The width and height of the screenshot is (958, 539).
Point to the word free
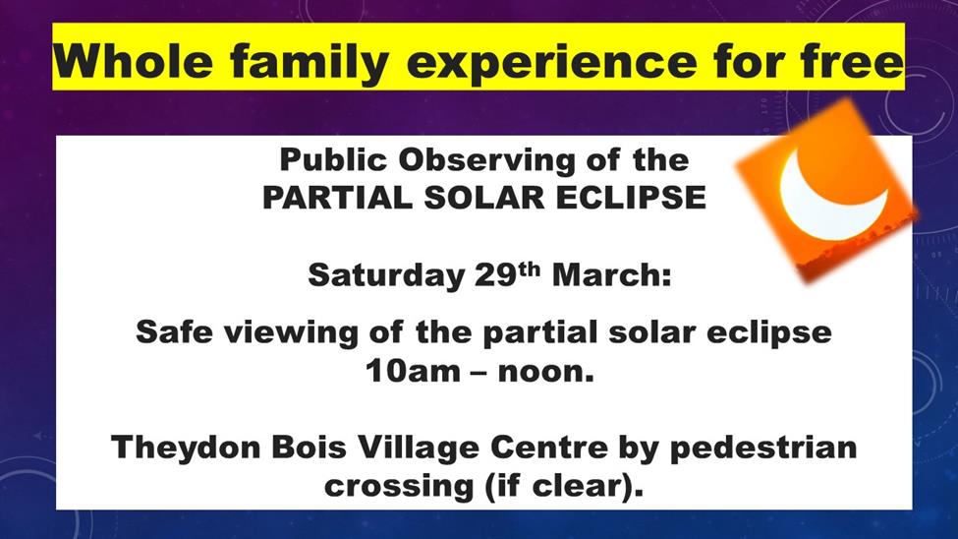(x=852, y=61)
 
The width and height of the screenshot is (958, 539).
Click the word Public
(x=334, y=160)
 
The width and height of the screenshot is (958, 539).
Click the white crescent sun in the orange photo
(x=831, y=198)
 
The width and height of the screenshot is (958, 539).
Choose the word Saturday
(x=386, y=276)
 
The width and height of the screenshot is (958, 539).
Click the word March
(x=611, y=274)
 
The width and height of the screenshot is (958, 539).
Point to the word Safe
(x=174, y=332)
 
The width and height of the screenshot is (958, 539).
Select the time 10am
(x=413, y=372)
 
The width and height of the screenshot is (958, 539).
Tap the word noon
(x=545, y=372)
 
